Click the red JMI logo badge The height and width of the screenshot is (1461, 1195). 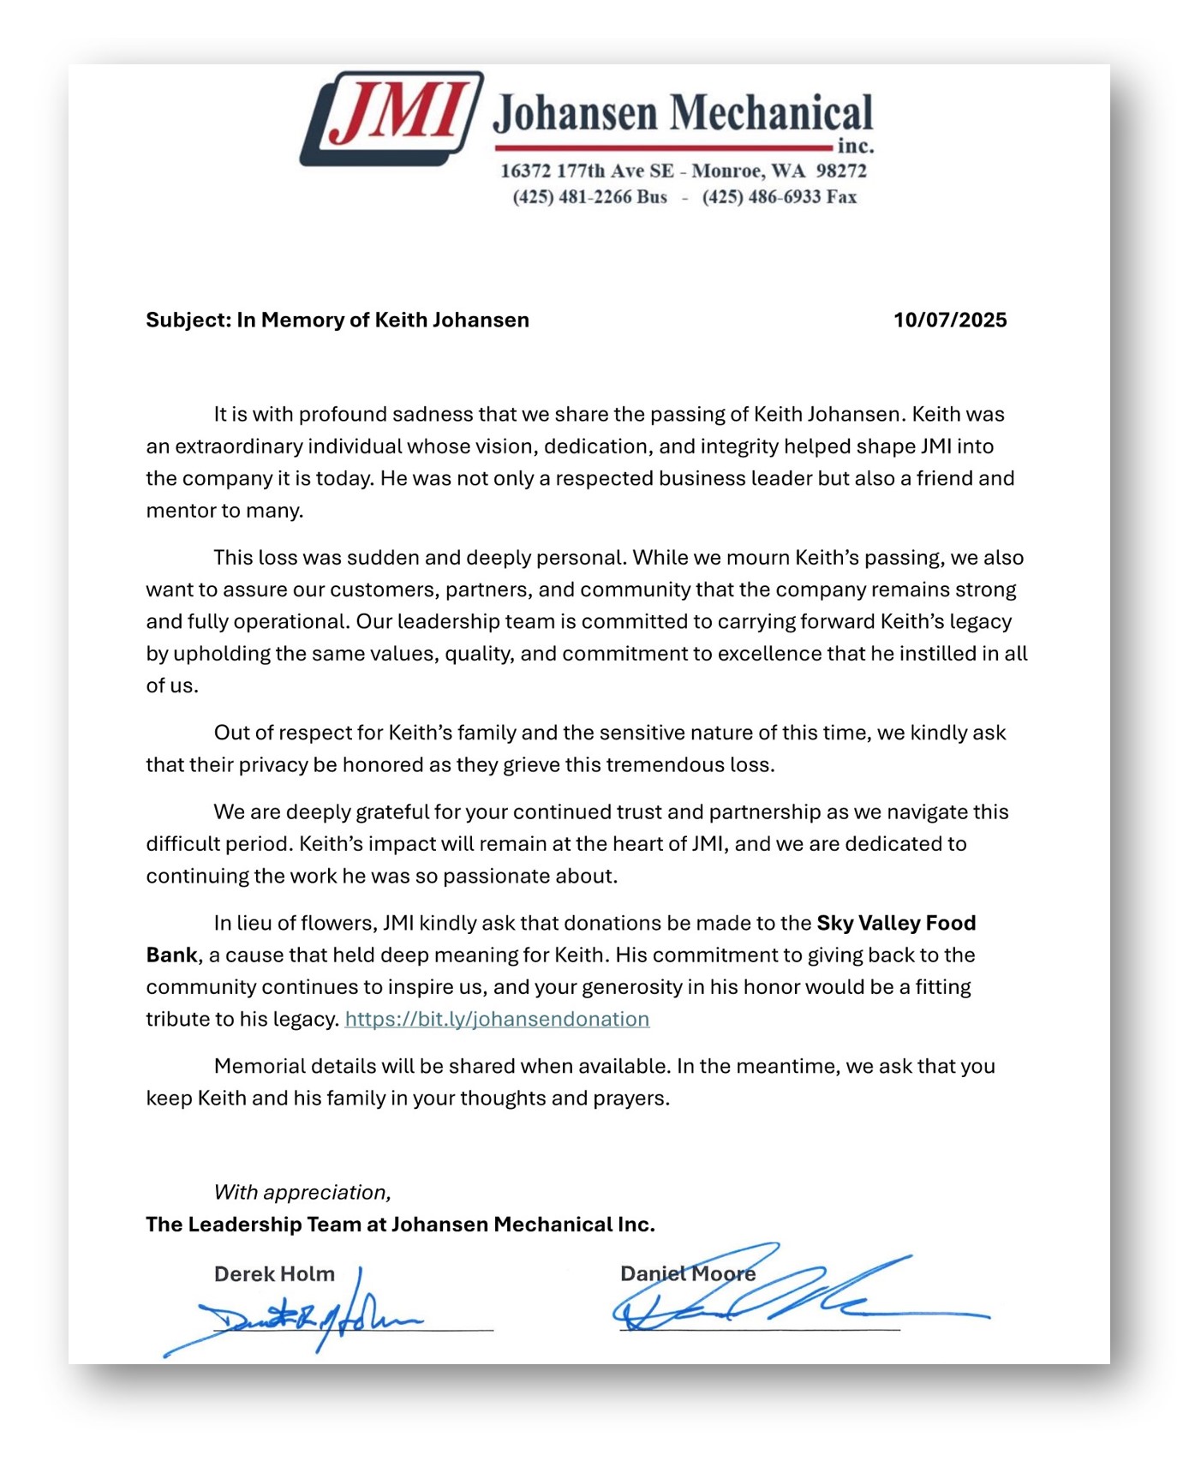[x=391, y=118]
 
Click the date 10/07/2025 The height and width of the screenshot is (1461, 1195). [x=950, y=320]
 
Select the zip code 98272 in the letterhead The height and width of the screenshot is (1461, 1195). [x=840, y=171]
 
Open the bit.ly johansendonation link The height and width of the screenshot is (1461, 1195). [x=497, y=1020]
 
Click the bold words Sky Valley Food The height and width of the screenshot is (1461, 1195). [x=896, y=924]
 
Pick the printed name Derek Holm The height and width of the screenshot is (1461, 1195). [x=274, y=1274]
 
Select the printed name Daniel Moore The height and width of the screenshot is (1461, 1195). [x=688, y=1274]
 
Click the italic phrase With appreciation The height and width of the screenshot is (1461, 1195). [x=302, y=1193]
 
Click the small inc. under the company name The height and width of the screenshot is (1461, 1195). [x=855, y=146]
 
